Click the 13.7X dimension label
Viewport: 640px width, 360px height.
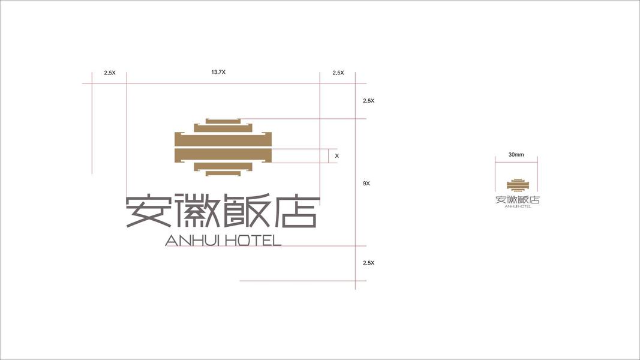[x=218, y=72]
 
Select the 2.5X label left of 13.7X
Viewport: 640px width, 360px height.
[x=109, y=73]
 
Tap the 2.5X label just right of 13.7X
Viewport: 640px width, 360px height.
[x=338, y=73]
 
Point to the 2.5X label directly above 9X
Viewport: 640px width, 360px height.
[x=368, y=101]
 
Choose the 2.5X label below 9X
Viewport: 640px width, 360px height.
[x=368, y=263]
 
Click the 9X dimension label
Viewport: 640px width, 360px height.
[x=366, y=183]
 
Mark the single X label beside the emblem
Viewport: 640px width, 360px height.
[x=336, y=156]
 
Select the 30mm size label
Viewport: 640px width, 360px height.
[x=516, y=155]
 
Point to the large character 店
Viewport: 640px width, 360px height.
[x=294, y=211]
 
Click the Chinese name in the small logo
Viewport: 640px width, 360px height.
[x=518, y=200]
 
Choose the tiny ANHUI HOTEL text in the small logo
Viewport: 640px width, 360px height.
[x=518, y=207]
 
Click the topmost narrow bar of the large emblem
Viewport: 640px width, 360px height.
[x=223, y=121]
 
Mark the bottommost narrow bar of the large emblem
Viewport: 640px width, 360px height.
[x=223, y=173]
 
